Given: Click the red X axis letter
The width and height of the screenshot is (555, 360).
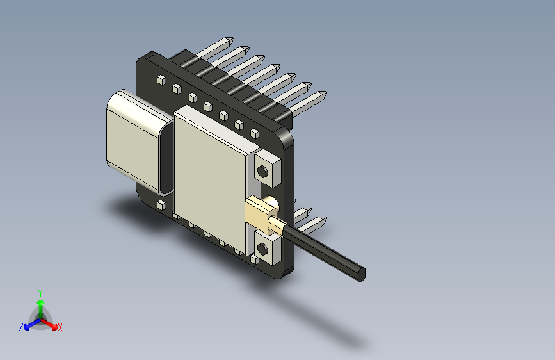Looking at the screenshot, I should tap(60, 327).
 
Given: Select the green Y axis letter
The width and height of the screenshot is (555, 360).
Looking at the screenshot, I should tap(40, 291).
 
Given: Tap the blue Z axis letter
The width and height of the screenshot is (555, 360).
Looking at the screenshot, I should tap(21, 327).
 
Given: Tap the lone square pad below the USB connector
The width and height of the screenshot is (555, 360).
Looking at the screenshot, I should tap(161, 205).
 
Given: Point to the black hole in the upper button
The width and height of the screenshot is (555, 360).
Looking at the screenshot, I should tap(262, 171).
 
